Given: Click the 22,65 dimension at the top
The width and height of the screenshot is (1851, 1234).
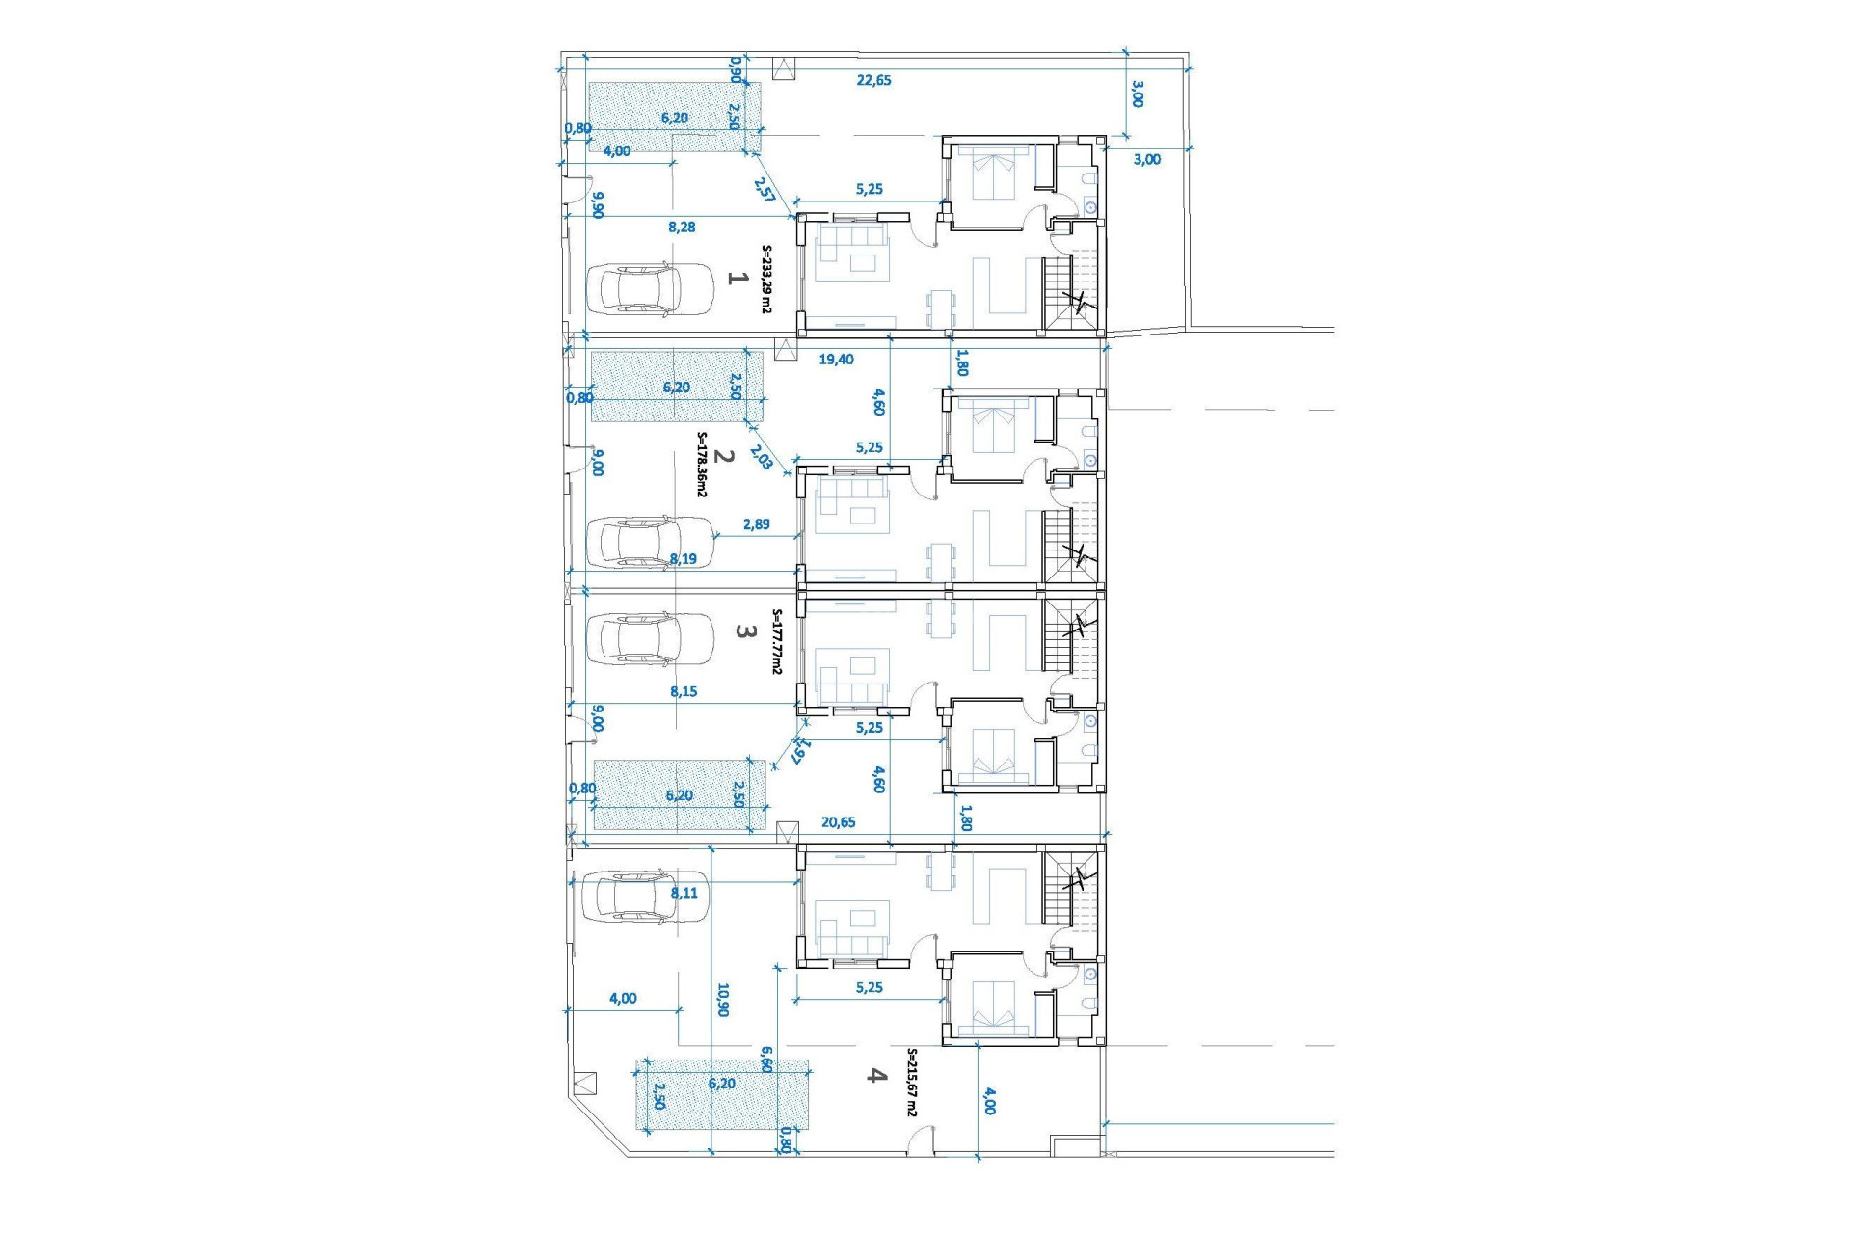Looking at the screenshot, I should [873, 80].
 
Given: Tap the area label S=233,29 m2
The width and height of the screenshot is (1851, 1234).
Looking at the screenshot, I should [767, 279].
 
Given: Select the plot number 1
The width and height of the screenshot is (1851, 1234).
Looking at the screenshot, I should [737, 278].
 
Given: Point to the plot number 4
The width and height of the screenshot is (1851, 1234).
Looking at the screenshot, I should [875, 1075].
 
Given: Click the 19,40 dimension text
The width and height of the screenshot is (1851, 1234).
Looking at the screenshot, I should [836, 360].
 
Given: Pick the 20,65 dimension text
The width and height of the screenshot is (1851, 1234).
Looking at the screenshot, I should [838, 822].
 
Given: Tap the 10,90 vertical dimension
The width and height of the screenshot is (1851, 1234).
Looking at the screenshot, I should [723, 1000].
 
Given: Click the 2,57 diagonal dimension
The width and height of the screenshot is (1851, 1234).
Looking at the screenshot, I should [765, 190].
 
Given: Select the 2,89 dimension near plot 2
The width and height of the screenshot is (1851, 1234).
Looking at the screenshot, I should [757, 524].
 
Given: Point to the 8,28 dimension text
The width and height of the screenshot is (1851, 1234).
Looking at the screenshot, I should [682, 228].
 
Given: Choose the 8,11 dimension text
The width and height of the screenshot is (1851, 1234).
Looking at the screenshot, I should [684, 893].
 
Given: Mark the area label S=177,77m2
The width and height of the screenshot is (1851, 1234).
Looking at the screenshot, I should [777, 641].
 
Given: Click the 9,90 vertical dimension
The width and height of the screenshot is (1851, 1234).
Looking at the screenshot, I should [598, 204].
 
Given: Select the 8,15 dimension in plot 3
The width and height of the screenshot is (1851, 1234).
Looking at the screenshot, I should [684, 691].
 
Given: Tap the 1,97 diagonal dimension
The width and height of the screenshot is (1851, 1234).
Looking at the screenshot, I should [800, 750].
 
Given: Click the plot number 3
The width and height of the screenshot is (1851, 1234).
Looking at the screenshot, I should [744, 631].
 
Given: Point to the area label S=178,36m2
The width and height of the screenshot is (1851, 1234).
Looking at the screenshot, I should [702, 464].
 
